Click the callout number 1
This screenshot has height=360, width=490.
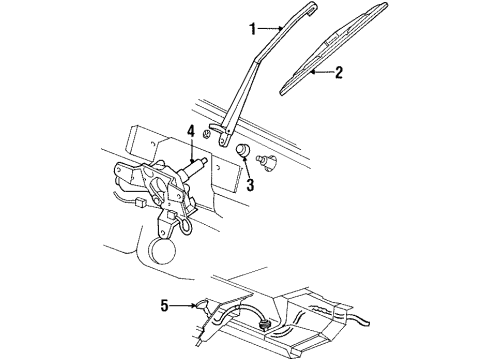point(253,29)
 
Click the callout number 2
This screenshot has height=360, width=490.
point(339,72)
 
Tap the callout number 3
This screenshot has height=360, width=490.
point(250,185)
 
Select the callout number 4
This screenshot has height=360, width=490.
point(190,131)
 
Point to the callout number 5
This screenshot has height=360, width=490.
point(165,305)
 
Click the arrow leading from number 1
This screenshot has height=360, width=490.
point(270,29)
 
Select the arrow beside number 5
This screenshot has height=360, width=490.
point(183,305)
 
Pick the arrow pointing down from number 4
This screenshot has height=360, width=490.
point(191,151)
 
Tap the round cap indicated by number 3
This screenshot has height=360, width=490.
point(242,150)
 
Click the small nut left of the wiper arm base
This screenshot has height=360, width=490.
point(207,134)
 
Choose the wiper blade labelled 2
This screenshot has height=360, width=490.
point(334,49)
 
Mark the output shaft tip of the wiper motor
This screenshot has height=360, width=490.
point(204,161)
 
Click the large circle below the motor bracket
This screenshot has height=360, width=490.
point(161,250)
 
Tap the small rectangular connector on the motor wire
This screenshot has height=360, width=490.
point(140,201)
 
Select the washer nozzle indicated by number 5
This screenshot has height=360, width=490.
point(202,304)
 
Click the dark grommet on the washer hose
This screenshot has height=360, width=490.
point(265,323)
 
